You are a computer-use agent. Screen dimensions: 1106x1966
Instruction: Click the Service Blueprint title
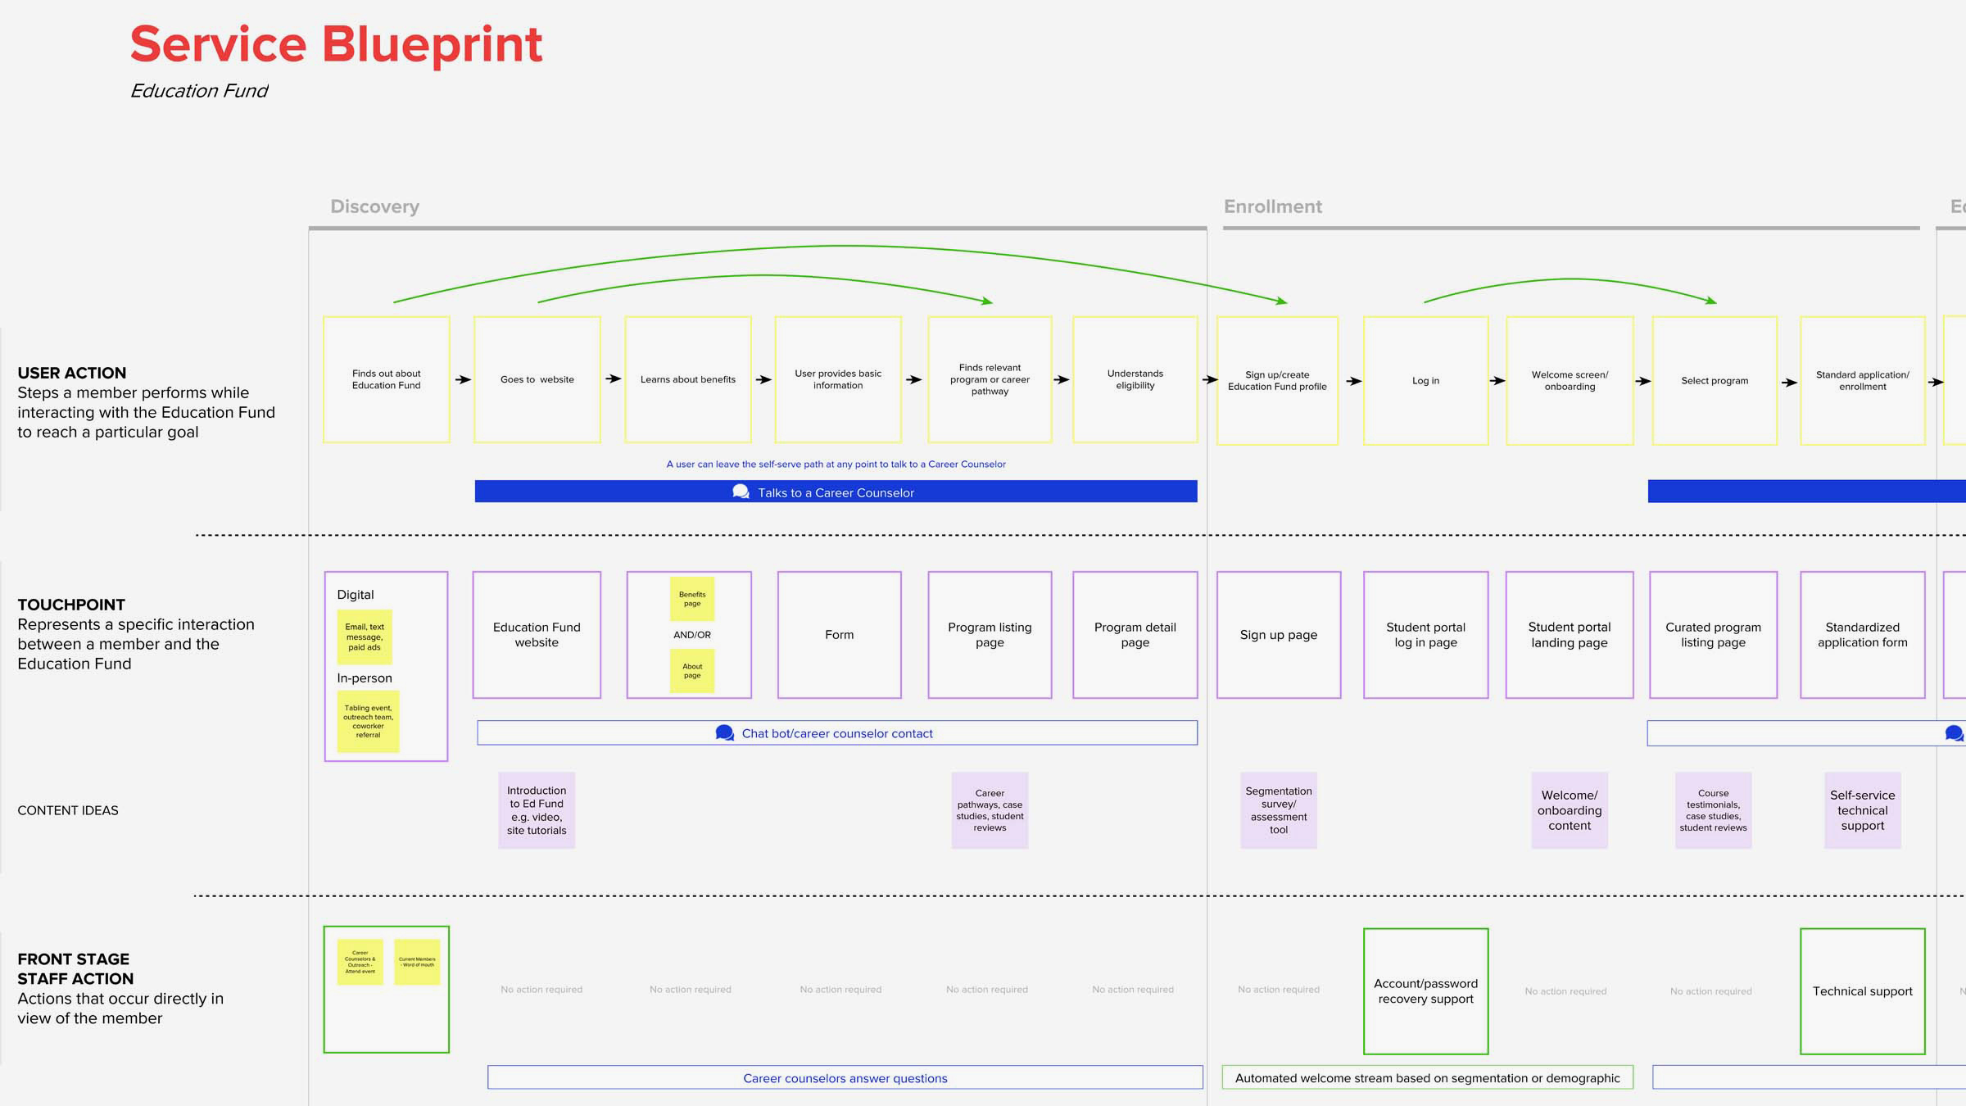[x=336, y=44]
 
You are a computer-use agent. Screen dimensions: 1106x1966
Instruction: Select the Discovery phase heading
[x=374, y=206]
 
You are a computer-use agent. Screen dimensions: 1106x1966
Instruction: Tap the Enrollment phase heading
[x=1272, y=206]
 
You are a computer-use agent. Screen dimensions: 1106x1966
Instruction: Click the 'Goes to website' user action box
[x=537, y=379]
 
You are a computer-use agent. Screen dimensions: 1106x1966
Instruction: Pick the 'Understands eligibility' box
[x=1135, y=379]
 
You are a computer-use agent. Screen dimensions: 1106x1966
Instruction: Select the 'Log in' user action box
[x=1425, y=381]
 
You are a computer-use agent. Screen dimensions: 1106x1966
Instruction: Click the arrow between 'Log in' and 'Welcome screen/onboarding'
[x=1497, y=381]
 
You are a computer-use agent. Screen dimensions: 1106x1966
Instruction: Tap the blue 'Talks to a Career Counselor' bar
[x=836, y=492]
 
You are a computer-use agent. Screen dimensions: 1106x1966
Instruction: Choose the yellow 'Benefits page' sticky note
[x=692, y=599]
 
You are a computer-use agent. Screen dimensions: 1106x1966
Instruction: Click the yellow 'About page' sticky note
[x=692, y=671]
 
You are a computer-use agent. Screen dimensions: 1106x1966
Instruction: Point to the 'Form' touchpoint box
[x=839, y=635]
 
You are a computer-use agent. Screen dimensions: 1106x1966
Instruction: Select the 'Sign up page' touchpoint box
[x=1279, y=635]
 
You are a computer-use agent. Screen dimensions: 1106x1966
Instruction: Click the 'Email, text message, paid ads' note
[x=365, y=637]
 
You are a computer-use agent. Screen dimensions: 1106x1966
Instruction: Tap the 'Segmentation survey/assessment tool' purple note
[x=1279, y=810]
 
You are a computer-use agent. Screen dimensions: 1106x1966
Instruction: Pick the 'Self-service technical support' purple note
[x=1862, y=810]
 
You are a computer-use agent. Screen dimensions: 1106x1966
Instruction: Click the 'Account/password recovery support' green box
[x=1425, y=991]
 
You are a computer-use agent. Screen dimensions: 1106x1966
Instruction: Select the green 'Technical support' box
[x=1862, y=991]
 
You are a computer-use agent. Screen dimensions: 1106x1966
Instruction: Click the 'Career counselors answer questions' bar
[x=845, y=1078]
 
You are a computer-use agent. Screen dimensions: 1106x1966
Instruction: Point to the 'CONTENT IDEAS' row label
[x=68, y=810]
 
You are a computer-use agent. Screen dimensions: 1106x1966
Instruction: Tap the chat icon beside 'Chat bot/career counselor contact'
[x=724, y=732]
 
